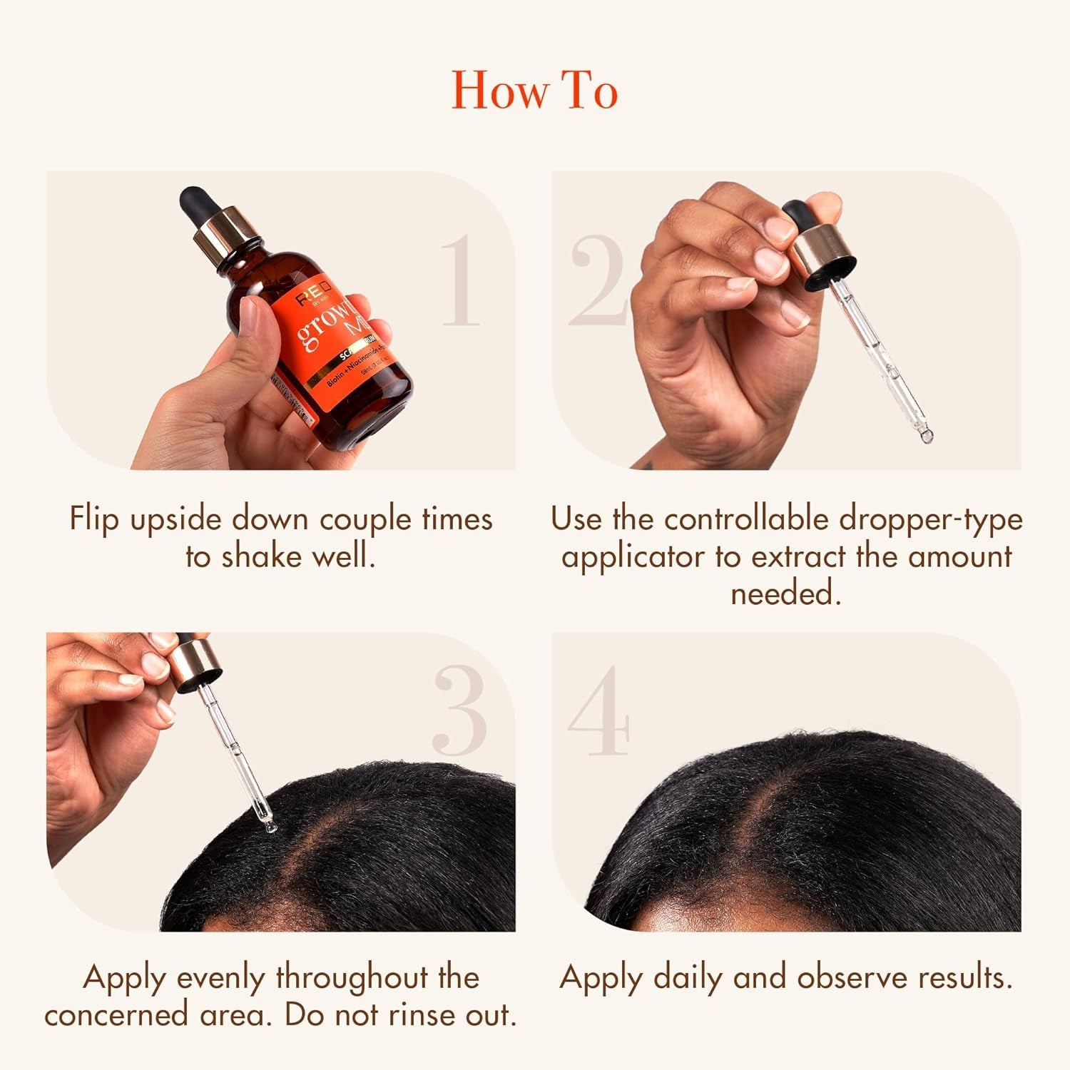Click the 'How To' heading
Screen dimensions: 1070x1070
[x=534, y=91]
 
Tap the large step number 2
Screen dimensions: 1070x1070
[x=598, y=281]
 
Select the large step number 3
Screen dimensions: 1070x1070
[x=461, y=710]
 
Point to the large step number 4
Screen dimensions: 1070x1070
[x=598, y=710]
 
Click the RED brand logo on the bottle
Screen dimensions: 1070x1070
[x=314, y=295]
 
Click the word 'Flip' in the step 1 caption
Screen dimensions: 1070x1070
[x=93, y=519]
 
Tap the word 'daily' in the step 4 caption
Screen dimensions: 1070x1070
[x=688, y=977]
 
